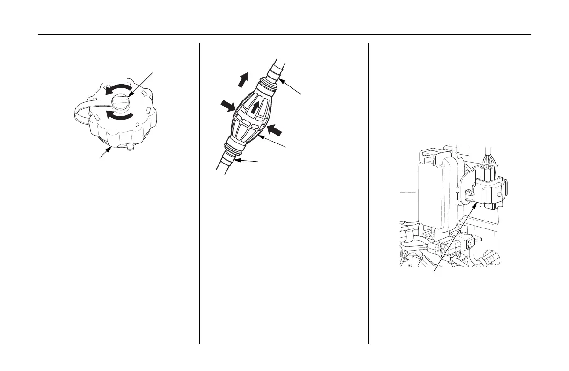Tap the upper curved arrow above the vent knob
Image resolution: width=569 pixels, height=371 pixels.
pyautogui.click(x=117, y=89)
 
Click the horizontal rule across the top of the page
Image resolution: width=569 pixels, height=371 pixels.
pyautogui.click(x=284, y=35)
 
